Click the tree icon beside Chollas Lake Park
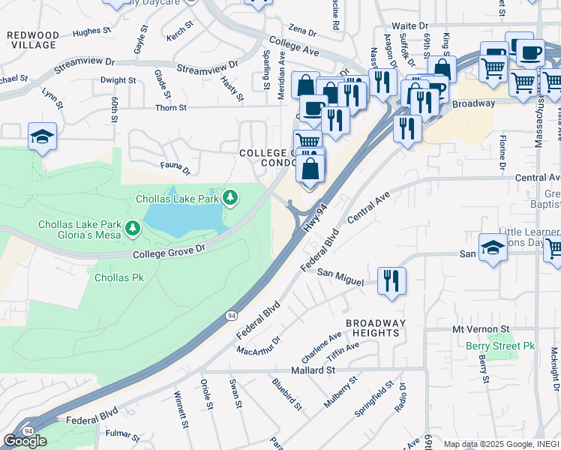[x=231, y=198]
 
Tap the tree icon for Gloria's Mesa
[x=133, y=226]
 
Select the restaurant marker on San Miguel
[x=391, y=281]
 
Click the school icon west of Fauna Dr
[x=42, y=136]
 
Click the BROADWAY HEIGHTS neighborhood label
[x=376, y=328]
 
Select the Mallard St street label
[x=309, y=370]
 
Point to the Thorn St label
[x=171, y=108]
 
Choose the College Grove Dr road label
[x=169, y=253]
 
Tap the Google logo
[x=25, y=441]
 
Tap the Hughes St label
[x=87, y=31]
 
